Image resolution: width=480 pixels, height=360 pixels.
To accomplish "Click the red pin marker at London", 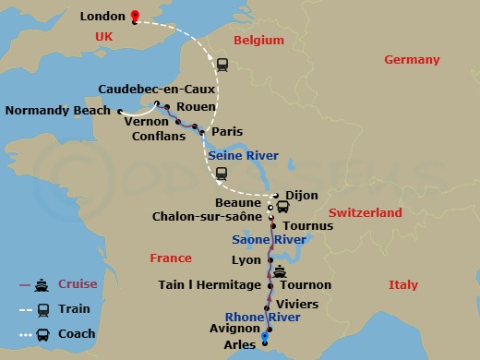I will pos(134,16).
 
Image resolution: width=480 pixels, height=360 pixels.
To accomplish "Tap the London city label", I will pos(102,16).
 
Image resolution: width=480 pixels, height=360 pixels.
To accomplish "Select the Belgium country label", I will pos(258,42).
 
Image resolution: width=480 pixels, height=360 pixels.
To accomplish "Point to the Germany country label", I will pos(412,60).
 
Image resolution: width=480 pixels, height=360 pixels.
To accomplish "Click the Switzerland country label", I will pos(366,212).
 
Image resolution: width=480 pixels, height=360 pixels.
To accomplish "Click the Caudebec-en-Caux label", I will pos(156,90).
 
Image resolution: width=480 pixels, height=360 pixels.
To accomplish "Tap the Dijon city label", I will pos(301,195).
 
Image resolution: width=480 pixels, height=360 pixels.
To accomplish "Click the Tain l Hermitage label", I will pos(210,285).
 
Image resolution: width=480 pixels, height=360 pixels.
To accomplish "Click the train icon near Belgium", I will pos(222,65).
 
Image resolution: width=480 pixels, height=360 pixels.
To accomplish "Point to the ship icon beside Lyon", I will pos(279,271).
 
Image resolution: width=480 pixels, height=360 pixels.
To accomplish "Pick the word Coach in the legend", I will pos(77,334).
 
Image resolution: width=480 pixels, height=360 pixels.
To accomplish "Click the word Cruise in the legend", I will pos(78,283).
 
